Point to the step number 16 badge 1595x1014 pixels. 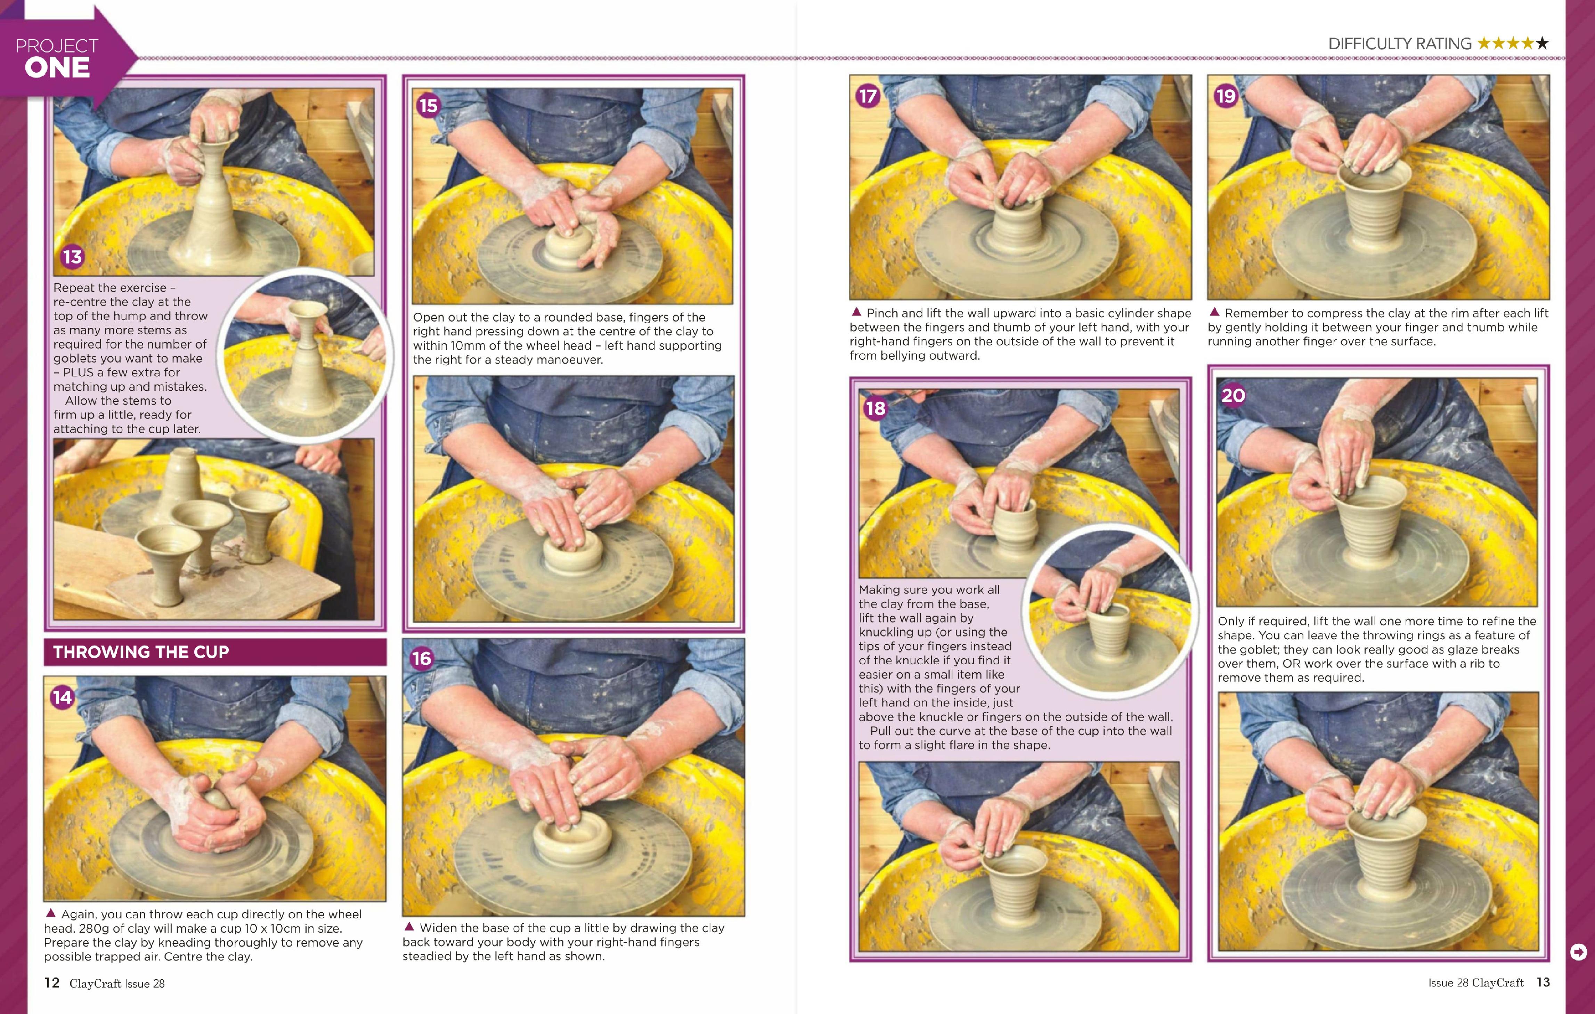click(x=421, y=658)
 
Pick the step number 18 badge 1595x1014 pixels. click(x=875, y=408)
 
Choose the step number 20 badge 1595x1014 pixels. click(x=1233, y=395)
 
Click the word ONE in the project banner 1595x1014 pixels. click(x=58, y=67)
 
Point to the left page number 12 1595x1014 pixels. click(x=52, y=983)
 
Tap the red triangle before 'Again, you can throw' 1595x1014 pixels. click(x=50, y=912)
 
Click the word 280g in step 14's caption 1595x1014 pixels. click(x=94, y=928)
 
